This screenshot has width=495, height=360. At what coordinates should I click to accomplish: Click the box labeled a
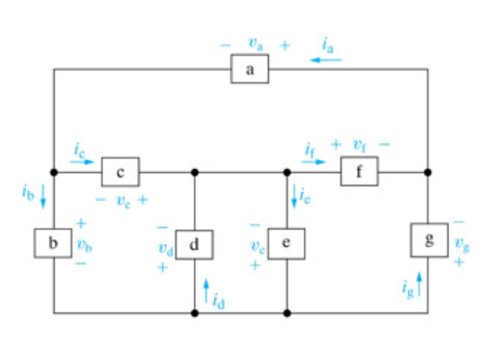pos(249,70)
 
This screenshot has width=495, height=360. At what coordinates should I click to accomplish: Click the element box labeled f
pos(359,173)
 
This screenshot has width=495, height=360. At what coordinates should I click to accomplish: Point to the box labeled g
pos(427,238)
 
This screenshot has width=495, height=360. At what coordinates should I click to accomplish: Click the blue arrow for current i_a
pos(326,59)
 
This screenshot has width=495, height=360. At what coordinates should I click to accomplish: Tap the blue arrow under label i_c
pos(84,162)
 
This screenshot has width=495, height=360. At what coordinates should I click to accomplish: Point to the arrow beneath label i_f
pos(314,162)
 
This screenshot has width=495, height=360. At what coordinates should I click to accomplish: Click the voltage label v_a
pos(255,44)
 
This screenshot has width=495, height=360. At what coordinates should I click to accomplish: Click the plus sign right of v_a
pos(284,44)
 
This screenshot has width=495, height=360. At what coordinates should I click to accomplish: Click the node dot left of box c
pos(54,173)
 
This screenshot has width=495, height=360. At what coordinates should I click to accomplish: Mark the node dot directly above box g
pos(427,173)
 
